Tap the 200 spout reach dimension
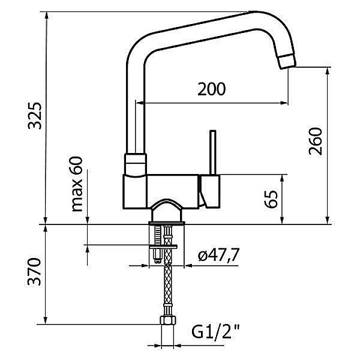(212, 89)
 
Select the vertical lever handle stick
(212, 152)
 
